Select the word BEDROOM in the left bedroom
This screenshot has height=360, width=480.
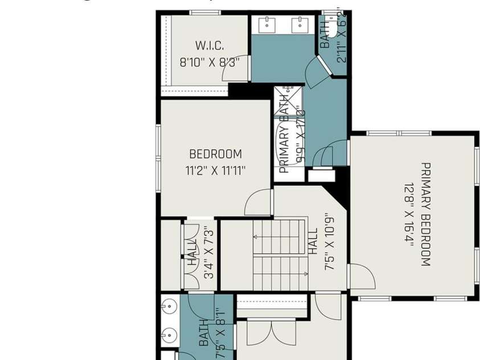click(215, 154)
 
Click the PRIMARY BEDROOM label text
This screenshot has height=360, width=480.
click(425, 214)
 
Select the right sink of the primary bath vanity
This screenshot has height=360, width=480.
click(299, 24)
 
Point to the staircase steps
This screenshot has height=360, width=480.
click(280, 255)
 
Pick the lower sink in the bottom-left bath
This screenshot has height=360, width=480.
click(167, 337)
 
